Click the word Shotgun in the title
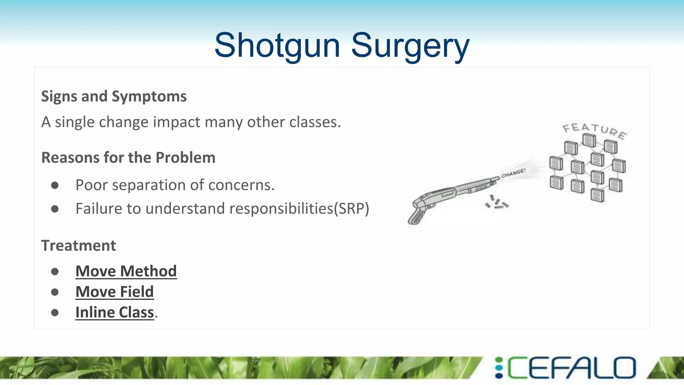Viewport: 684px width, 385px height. click(277, 46)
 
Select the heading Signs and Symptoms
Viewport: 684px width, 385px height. click(114, 97)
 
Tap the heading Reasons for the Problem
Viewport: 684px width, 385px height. click(128, 158)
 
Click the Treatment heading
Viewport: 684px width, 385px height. click(78, 246)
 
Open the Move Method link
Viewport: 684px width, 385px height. click(126, 271)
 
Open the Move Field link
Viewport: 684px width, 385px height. click(115, 292)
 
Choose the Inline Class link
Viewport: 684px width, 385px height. click(115, 312)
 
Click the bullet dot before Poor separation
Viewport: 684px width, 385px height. click(55, 185)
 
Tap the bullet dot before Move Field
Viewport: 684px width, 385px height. click(55, 292)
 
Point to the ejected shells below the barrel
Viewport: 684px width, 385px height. click(497, 203)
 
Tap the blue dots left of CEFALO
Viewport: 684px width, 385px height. click(499, 368)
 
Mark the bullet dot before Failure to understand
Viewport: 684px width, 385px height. click(55, 209)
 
